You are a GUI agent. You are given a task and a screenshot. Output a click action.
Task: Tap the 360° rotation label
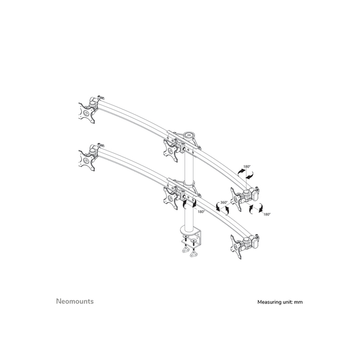click(223, 203)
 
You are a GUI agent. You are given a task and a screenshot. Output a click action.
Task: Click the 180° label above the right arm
click(246, 167)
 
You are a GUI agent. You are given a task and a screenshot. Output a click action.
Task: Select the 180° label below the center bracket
click(200, 211)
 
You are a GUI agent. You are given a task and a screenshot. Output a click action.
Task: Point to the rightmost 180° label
click(266, 214)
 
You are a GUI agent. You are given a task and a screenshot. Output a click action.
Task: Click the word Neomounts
click(75, 301)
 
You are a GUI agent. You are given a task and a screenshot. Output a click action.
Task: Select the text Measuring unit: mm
click(280, 302)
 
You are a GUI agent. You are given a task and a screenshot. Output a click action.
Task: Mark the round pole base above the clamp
click(190, 230)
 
